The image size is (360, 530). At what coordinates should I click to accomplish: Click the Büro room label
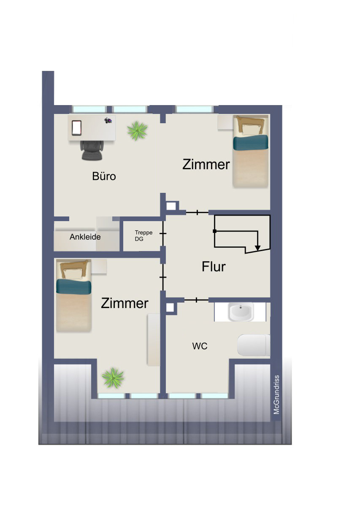click(104, 176)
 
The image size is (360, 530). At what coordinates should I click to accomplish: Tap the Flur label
click(214, 267)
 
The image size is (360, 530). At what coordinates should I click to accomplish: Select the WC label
click(200, 346)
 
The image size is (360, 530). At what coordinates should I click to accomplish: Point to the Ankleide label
click(85, 237)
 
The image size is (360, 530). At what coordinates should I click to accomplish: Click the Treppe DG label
click(143, 235)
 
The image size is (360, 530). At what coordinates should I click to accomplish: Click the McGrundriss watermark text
click(276, 395)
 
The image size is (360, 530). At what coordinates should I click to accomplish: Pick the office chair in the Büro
click(92, 150)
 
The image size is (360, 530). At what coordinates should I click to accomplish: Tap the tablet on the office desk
click(76, 128)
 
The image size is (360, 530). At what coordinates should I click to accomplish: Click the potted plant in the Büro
click(137, 131)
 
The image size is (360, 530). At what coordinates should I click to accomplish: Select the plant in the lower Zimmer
click(113, 378)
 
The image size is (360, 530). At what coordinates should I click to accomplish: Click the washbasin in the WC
click(241, 311)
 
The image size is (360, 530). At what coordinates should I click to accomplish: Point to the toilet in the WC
click(254, 345)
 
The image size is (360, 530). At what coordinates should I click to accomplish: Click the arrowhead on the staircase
click(257, 248)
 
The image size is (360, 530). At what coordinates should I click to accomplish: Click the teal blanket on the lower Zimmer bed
click(73, 287)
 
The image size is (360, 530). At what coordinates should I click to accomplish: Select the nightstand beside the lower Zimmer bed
click(99, 267)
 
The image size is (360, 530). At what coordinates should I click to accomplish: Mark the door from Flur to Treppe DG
click(163, 233)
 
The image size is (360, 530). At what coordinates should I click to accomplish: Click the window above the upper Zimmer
click(194, 109)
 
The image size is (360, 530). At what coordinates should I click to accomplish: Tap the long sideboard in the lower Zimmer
click(154, 340)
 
